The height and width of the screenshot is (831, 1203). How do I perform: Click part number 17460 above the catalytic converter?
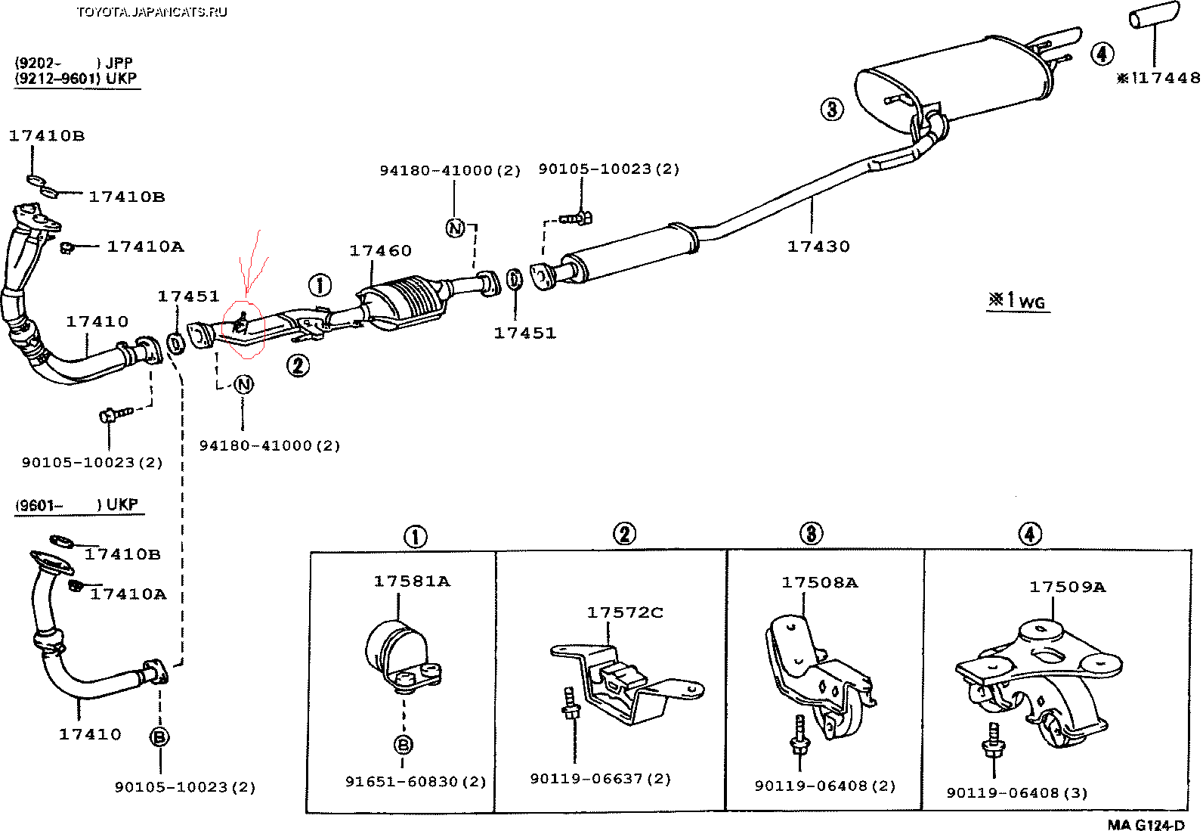pos(380,251)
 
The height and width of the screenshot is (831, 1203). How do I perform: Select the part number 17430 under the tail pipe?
pos(818,247)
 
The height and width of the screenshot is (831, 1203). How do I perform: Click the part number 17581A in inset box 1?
pos(412,581)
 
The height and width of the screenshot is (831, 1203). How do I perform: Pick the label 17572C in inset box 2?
pos(625,612)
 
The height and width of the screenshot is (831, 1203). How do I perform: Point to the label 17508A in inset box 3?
pos(819,582)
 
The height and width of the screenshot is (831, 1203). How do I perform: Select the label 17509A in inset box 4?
pos(1067,587)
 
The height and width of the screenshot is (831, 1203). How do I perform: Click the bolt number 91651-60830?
pos(416,781)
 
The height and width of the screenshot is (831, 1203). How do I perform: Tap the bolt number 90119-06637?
pos(600,779)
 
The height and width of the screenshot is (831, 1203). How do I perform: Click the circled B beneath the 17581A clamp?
pos(404,745)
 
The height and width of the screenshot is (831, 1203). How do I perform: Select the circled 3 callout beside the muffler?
pos(832,109)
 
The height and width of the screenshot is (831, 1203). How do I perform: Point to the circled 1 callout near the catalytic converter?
pos(320,285)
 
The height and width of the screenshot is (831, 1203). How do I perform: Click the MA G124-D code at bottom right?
pos(1146,825)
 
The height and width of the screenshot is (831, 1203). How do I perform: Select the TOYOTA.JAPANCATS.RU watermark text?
pos(151,11)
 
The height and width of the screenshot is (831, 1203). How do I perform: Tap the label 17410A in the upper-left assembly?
pos(145,247)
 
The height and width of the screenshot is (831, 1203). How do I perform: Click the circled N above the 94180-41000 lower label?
pos(243,385)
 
